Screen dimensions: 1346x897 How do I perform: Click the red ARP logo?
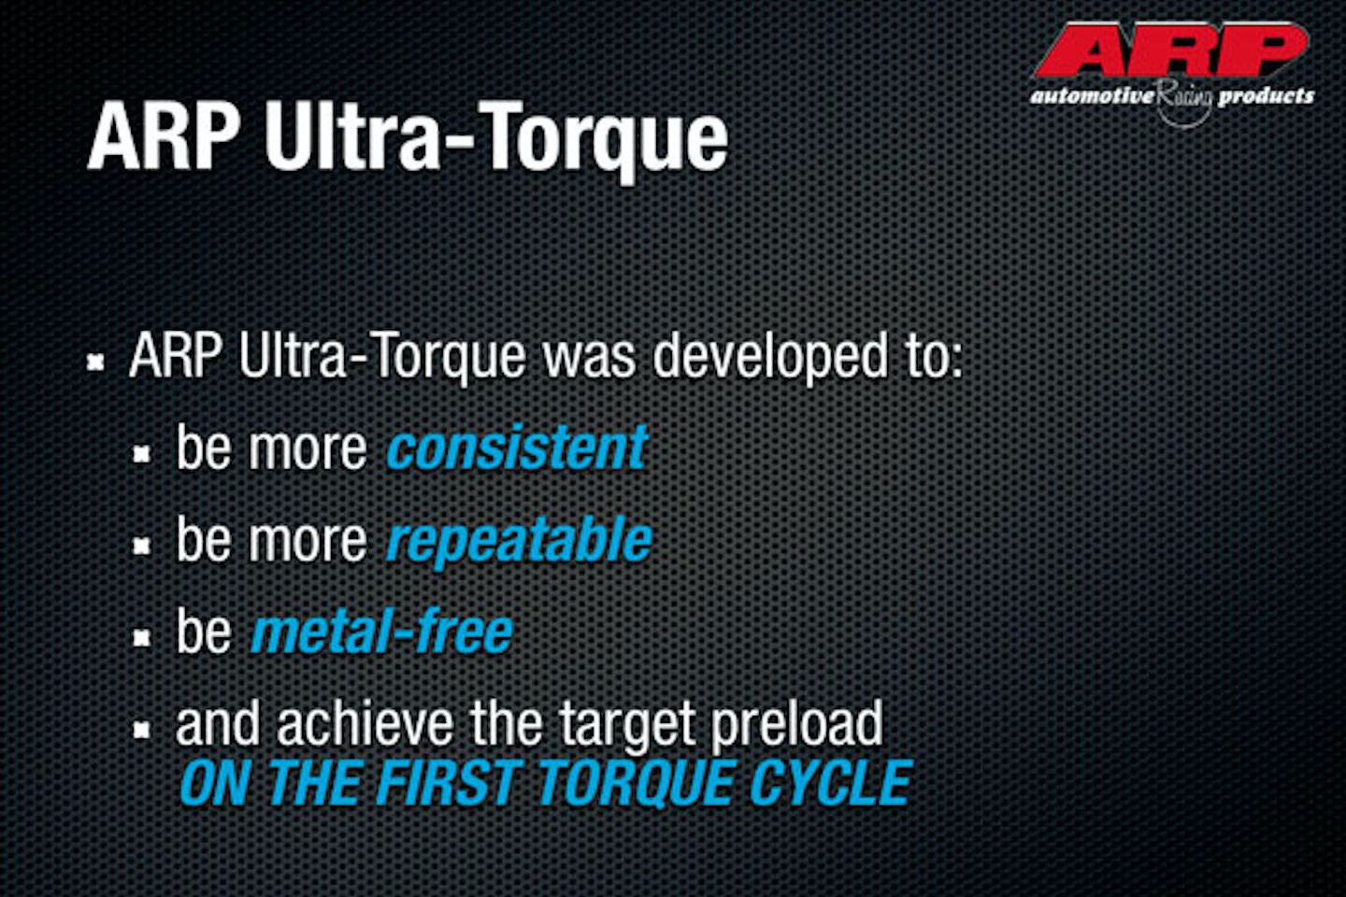point(1170,50)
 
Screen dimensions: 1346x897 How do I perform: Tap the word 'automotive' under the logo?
point(1092,96)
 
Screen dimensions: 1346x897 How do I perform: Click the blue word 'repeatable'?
point(519,542)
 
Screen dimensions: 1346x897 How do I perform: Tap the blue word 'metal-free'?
point(382,632)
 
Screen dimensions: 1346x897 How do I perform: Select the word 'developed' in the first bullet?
point(770,359)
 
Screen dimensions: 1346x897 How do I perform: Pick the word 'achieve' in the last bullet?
point(365,723)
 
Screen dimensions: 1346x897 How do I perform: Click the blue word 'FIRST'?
point(447,783)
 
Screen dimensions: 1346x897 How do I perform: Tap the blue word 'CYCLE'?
point(831,783)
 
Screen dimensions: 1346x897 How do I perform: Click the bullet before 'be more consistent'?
point(142,454)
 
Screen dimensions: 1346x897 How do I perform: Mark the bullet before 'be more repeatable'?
point(142,546)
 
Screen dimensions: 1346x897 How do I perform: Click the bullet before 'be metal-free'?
point(142,638)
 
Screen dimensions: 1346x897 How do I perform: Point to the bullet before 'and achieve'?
point(142,731)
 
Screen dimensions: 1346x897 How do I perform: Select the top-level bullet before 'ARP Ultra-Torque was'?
point(95,363)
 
